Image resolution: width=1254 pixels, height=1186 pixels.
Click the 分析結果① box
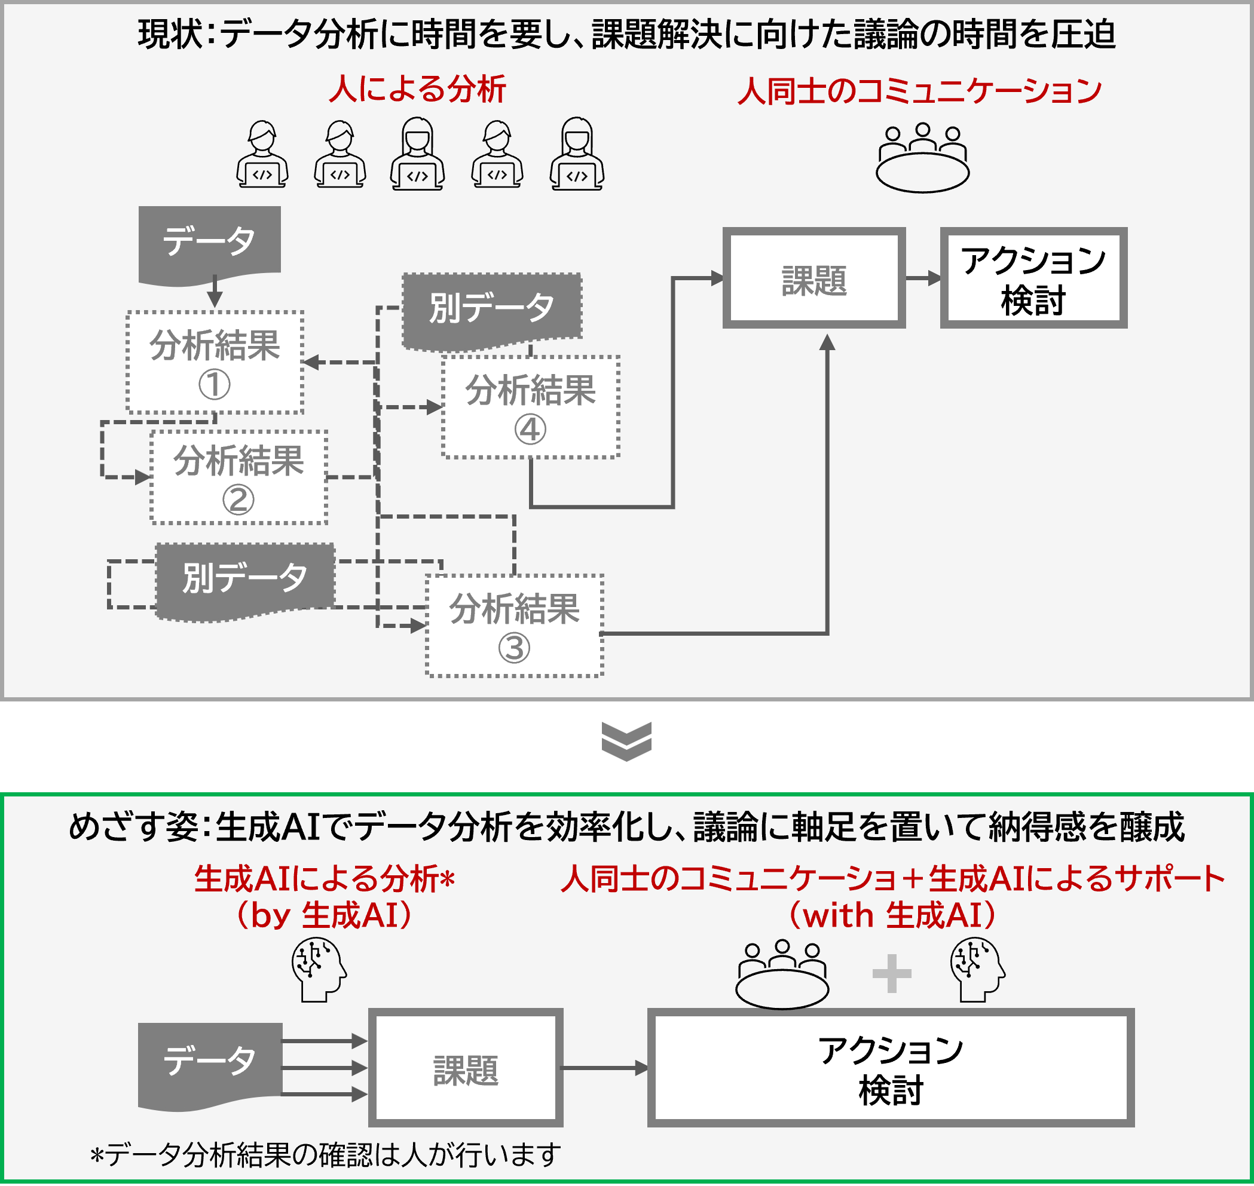click(215, 362)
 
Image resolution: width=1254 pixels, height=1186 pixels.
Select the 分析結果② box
click(238, 477)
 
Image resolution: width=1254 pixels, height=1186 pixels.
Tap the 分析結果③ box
click(514, 626)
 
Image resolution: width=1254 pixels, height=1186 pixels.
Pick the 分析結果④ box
click(530, 406)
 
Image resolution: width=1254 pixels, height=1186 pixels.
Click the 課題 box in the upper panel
click(814, 278)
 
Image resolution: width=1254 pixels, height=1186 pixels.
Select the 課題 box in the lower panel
click(466, 1068)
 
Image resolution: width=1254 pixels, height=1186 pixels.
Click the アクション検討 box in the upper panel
click(1033, 278)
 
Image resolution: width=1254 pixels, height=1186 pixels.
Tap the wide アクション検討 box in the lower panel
click(891, 1068)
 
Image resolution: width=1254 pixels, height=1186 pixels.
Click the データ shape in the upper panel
click(209, 243)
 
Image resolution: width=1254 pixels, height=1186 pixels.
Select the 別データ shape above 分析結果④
click(492, 309)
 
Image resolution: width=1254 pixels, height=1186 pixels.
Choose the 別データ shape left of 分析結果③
click(244, 579)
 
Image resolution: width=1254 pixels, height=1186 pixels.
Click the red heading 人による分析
click(417, 88)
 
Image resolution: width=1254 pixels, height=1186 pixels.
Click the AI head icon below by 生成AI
click(319, 969)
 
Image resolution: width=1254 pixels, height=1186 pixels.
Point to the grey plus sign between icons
click(892, 973)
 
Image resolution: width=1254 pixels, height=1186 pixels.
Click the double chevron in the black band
click(626, 741)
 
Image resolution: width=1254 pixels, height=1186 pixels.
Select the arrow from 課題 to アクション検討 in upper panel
click(923, 278)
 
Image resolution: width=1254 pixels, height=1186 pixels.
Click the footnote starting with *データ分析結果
click(326, 1154)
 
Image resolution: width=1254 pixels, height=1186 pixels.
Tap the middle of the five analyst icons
click(417, 154)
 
